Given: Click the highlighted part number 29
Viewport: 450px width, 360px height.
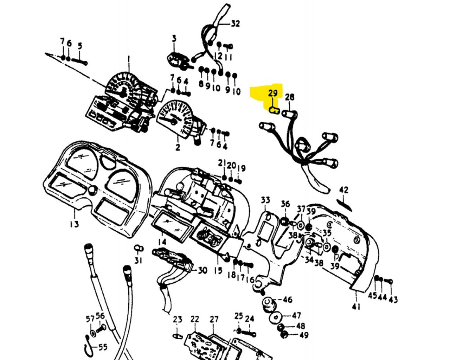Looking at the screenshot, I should (x=273, y=94).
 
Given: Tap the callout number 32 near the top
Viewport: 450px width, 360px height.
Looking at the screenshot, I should (x=235, y=24).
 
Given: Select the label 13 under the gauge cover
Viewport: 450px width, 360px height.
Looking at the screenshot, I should (x=74, y=224).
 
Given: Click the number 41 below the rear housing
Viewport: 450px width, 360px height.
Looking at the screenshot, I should (x=356, y=307).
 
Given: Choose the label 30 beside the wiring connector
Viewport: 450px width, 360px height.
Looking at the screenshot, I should (x=202, y=270).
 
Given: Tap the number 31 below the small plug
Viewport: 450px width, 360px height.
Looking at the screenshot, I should (x=139, y=261).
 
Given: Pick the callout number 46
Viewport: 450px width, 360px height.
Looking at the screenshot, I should (x=287, y=300).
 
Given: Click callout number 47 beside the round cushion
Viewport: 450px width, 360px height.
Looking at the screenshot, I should (x=297, y=315).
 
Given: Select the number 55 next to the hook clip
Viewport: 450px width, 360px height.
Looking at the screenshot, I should (x=102, y=347).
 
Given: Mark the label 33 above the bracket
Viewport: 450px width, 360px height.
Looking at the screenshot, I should (x=265, y=200).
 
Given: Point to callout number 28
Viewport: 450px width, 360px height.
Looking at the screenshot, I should (x=289, y=97).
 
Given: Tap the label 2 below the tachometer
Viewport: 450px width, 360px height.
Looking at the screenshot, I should (x=178, y=148).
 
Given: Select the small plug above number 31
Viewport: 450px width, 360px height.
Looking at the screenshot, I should (x=139, y=249).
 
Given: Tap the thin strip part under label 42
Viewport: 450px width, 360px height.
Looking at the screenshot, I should (x=344, y=204).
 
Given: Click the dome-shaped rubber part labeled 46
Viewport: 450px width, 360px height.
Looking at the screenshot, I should (x=268, y=302).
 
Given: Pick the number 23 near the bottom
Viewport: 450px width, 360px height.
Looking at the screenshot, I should (x=178, y=319).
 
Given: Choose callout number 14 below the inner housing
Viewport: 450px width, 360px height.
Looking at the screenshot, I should (x=162, y=242).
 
